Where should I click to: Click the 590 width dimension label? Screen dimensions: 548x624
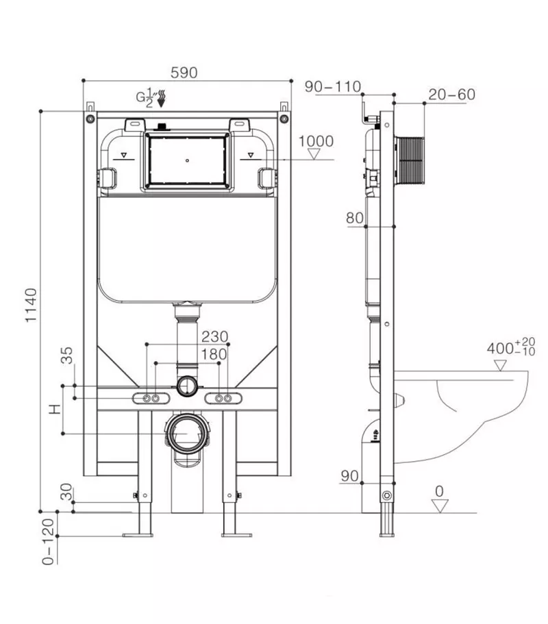pyautogui.click(x=184, y=73)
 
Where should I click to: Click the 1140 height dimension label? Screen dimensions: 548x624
pyautogui.click(x=31, y=305)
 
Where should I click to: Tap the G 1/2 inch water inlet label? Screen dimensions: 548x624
pyautogui.click(x=145, y=97)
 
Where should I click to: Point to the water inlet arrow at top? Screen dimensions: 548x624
pyautogui.click(x=162, y=99)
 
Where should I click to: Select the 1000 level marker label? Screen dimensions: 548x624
pyautogui.click(x=316, y=141)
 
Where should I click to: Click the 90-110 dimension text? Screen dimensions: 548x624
pyautogui.click(x=333, y=86)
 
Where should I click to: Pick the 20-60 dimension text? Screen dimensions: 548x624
pyautogui.click(x=451, y=95)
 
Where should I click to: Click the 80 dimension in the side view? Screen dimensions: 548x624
pyautogui.click(x=355, y=218)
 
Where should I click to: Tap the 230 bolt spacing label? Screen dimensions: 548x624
pyautogui.click(x=215, y=337)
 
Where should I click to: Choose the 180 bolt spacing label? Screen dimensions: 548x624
pyautogui.click(x=214, y=354)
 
